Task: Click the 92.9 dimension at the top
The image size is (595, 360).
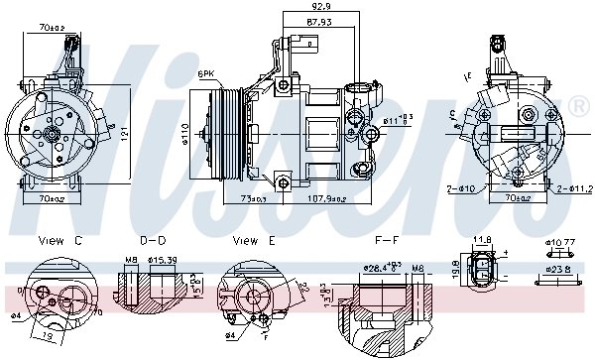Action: click(x=317, y=7)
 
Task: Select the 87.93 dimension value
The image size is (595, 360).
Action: click(x=317, y=21)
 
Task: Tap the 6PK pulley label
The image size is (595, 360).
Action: click(x=206, y=74)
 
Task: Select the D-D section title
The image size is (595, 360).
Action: click(x=153, y=241)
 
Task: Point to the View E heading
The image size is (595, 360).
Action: click(x=252, y=241)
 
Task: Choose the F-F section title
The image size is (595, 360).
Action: click(x=388, y=241)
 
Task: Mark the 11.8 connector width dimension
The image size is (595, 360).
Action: click(x=483, y=239)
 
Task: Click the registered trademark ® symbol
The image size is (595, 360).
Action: click(x=577, y=106)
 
